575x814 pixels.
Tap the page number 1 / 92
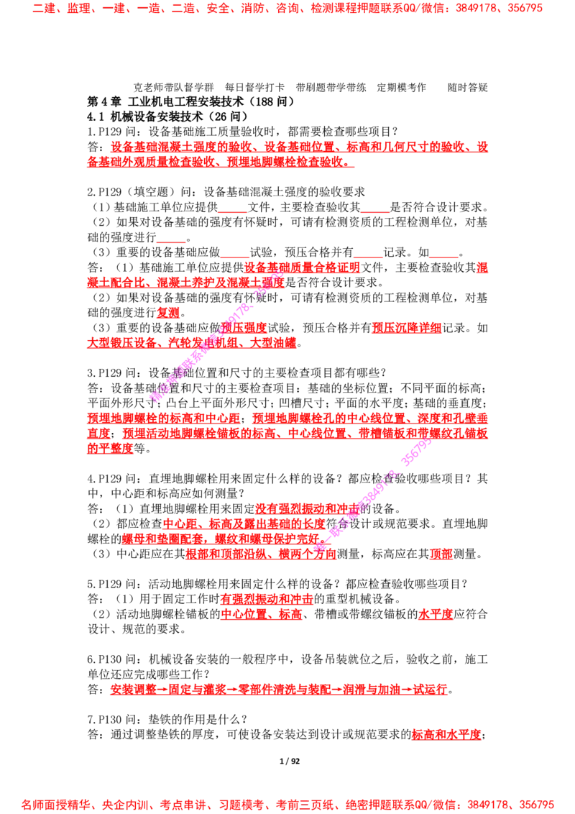[x=290, y=761]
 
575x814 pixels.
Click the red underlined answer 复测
[x=168, y=313]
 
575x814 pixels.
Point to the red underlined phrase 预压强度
[x=244, y=328]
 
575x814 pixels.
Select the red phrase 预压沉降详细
[x=406, y=328]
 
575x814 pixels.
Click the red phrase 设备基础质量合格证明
[x=302, y=267]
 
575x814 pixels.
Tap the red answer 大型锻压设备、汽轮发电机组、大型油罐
[x=191, y=342]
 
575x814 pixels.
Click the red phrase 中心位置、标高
[x=262, y=614]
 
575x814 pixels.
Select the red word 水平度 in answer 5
[x=436, y=614]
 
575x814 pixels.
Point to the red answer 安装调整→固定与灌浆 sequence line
[x=279, y=690]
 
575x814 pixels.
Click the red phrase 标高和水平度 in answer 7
[x=446, y=735]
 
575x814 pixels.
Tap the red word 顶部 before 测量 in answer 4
[x=441, y=554]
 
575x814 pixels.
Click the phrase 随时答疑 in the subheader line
[x=468, y=87]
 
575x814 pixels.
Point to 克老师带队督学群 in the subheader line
[x=174, y=87]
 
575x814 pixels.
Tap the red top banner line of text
[x=287, y=8]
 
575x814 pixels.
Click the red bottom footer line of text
[x=287, y=805]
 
